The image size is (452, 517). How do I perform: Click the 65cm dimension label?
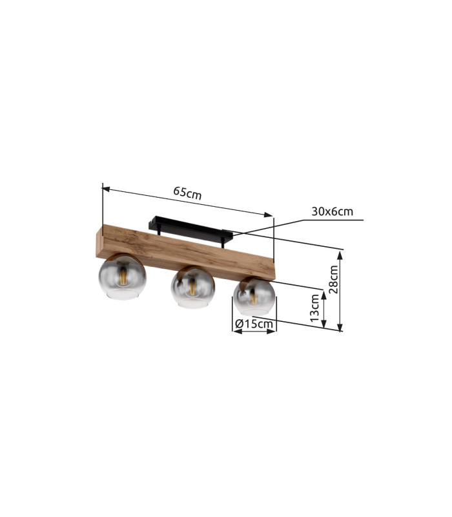(x=187, y=193)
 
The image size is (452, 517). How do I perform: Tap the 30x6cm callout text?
(x=332, y=211)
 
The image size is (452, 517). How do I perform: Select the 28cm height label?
(x=334, y=279)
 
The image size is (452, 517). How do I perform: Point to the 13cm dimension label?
(x=315, y=308)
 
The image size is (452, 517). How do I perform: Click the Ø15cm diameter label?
(x=254, y=324)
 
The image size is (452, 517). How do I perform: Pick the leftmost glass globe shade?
(x=122, y=277)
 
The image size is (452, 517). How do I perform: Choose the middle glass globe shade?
(x=192, y=287)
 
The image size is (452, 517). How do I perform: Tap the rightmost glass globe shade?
(x=254, y=297)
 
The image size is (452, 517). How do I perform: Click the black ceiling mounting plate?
(x=190, y=227)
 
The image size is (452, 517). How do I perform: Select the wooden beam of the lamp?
(x=185, y=252)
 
